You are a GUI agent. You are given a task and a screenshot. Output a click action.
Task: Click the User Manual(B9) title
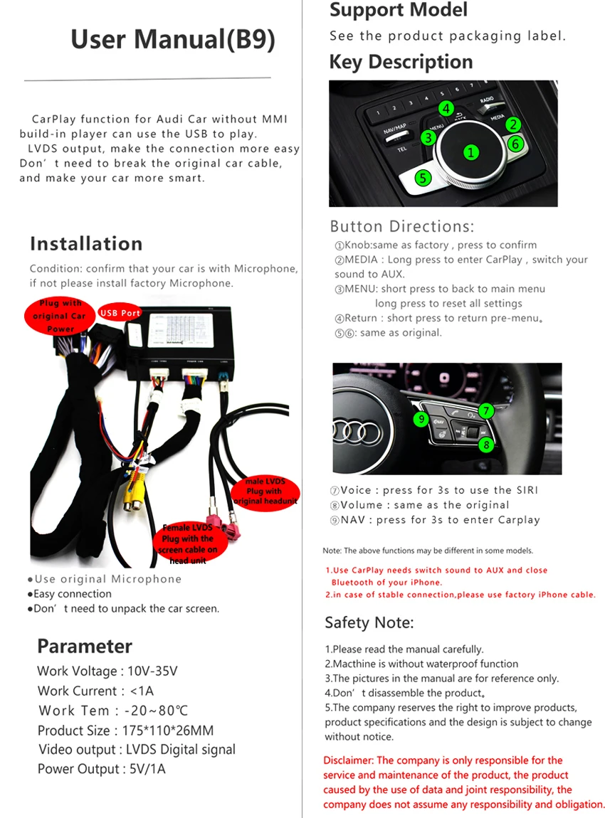pos(173,39)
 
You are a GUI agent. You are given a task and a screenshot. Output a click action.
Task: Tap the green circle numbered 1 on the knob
pos(470,152)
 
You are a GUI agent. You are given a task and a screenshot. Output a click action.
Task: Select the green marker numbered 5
pos(423,178)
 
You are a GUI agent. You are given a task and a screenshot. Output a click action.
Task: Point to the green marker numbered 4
pos(446,109)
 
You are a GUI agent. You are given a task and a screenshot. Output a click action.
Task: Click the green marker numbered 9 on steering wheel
pos(421,420)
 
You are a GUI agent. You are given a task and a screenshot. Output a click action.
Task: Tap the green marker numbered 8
pos(485,445)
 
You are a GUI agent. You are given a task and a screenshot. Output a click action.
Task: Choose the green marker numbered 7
pos(485,410)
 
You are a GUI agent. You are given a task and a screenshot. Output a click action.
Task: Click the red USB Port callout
pos(120,313)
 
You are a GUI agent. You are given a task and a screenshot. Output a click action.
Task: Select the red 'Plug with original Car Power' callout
pos(60,317)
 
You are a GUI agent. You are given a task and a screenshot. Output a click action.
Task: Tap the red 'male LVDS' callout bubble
pos(265,492)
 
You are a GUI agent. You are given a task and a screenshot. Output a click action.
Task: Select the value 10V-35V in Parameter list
pos(152,671)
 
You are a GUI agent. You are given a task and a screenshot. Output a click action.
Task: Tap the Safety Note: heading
pos(369,622)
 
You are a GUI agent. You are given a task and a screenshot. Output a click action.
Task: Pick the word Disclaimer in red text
pos(348,760)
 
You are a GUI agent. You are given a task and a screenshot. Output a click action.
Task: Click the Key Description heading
pos(401,62)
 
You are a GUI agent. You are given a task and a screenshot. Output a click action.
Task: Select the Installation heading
pos(86,243)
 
